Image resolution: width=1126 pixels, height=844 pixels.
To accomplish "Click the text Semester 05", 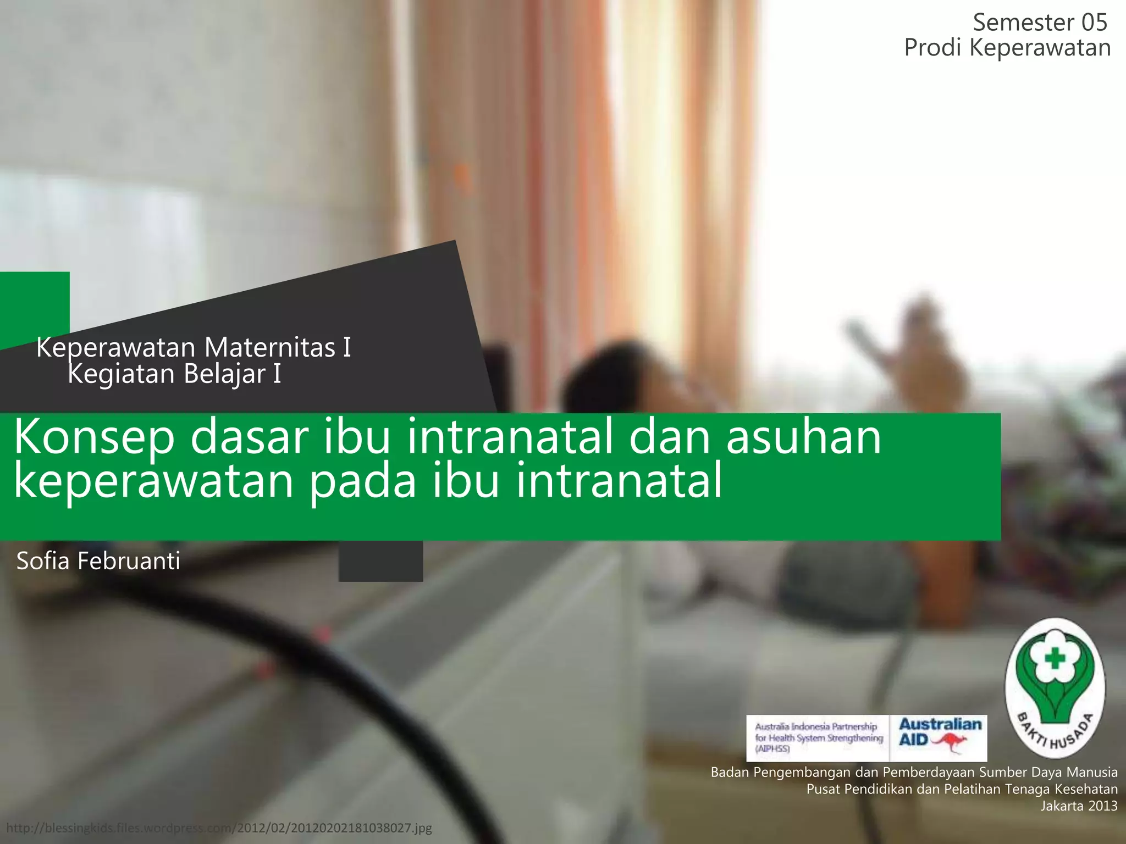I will [1040, 23].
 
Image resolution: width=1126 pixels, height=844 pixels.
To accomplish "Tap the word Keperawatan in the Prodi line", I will [1040, 48].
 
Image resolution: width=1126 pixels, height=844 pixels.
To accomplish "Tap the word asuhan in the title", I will [803, 438].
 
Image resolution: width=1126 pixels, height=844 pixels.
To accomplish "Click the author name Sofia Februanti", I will [98, 561].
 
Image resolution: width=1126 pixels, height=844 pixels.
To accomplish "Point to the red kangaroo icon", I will [950, 743].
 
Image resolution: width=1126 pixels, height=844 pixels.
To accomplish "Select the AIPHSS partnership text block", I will [818, 737].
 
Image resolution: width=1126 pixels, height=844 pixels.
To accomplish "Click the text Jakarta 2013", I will [1079, 806].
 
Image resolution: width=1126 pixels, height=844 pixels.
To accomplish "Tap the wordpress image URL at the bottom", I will [219, 828].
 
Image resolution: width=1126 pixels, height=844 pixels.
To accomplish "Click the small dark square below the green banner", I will [380, 561].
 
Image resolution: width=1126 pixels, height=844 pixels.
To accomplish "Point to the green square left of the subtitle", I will [34, 308].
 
